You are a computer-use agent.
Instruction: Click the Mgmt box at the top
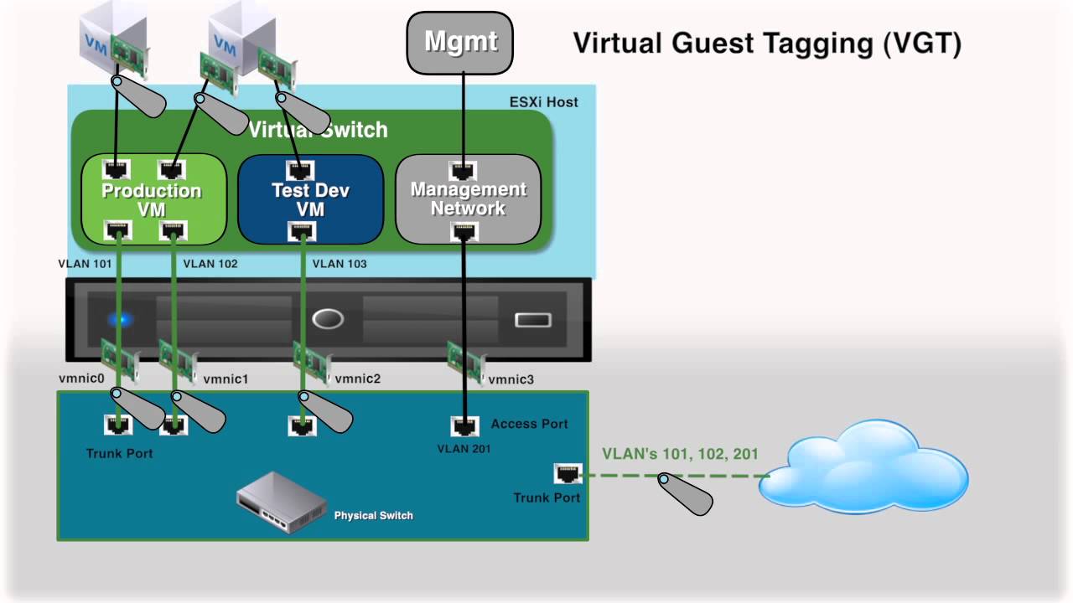tap(459, 42)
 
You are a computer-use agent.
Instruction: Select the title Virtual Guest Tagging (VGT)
tap(766, 43)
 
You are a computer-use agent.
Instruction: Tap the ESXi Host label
tap(543, 102)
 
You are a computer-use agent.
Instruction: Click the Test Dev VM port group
tap(310, 199)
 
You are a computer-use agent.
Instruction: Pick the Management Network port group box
tap(468, 199)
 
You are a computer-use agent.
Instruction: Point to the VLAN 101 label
tap(85, 264)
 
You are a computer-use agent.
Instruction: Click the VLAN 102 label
tap(210, 264)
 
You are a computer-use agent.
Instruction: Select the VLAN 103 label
tap(340, 264)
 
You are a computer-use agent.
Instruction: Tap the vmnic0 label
tap(81, 379)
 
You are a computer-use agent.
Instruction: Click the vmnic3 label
tap(511, 379)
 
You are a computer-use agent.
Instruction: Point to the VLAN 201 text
tap(464, 449)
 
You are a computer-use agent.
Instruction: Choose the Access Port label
tap(529, 424)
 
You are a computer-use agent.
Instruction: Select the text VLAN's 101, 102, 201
tap(680, 454)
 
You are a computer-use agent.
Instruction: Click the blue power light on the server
tap(120, 319)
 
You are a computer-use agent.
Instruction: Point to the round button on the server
tap(327, 319)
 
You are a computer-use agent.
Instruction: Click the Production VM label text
tap(152, 200)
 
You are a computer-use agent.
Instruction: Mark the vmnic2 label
tap(358, 379)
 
